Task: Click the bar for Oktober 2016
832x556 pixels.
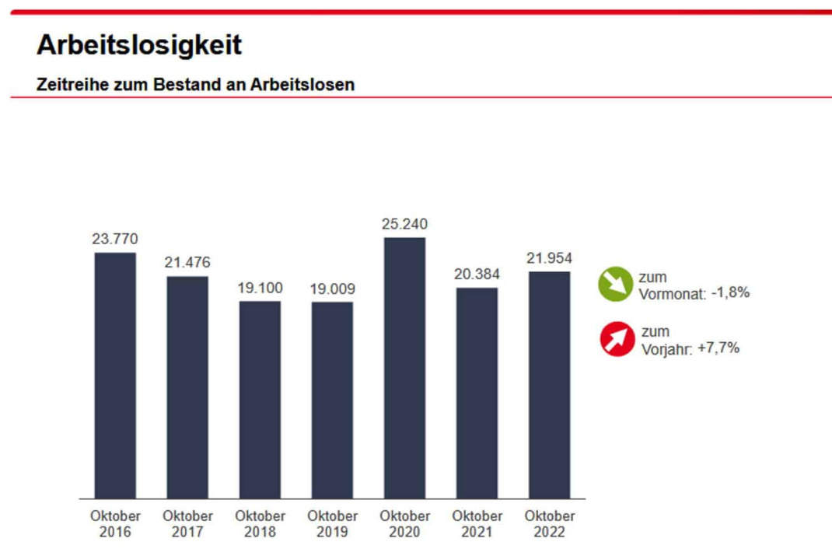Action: tap(115, 375)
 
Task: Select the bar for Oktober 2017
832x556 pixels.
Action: tap(187, 386)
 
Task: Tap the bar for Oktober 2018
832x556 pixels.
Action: tap(260, 399)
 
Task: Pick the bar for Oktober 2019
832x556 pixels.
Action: tap(332, 400)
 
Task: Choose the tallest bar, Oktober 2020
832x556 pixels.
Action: tap(404, 367)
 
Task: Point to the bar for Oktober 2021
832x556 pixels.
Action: tap(477, 393)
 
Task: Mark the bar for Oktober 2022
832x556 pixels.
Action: tap(549, 384)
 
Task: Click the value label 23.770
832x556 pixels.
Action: tap(115, 240)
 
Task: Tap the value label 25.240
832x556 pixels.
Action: tap(404, 225)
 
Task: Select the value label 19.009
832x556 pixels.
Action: tap(332, 289)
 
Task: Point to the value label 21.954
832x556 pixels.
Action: tap(549, 258)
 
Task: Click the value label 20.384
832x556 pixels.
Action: tap(477, 275)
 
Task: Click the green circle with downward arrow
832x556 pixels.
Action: tap(617, 285)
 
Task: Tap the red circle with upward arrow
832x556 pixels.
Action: tap(617, 339)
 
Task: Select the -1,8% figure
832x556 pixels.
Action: tap(730, 293)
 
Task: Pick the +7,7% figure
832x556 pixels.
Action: tap(718, 348)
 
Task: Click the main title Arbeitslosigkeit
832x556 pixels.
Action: tap(139, 45)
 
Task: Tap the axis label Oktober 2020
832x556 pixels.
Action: tap(404, 524)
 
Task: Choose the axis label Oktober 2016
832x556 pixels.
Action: tap(115, 524)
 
